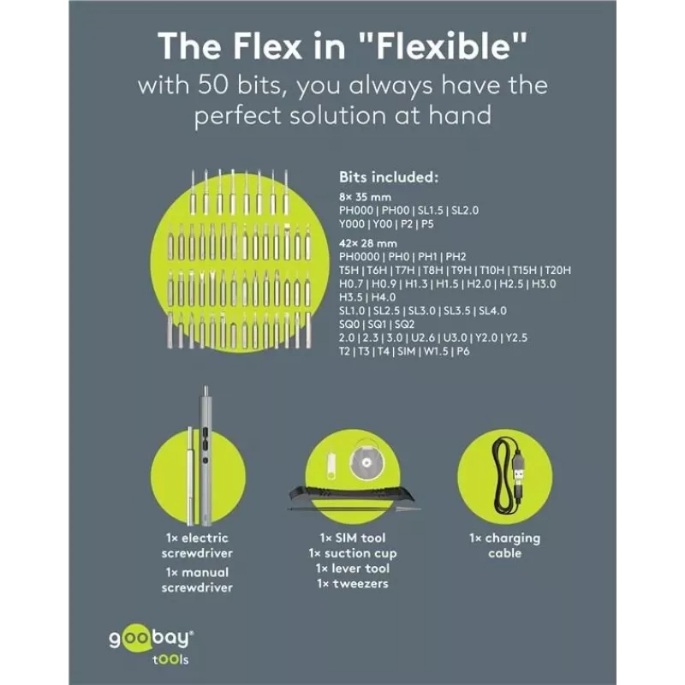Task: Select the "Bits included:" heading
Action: tap(389, 177)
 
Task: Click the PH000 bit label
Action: tap(356, 211)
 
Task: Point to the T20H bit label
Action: tap(558, 271)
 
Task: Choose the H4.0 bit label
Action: tap(384, 297)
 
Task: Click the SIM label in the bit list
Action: tap(406, 352)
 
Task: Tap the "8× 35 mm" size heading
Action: tap(365, 197)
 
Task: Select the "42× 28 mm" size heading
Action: tap(368, 243)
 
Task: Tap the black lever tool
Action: tap(351, 495)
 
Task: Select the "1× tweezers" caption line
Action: tap(353, 584)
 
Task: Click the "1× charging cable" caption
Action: tap(504, 545)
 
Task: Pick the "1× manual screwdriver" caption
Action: tap(197, 580)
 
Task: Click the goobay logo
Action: tap(152, 645)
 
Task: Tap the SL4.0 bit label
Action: tap(493, 311)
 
